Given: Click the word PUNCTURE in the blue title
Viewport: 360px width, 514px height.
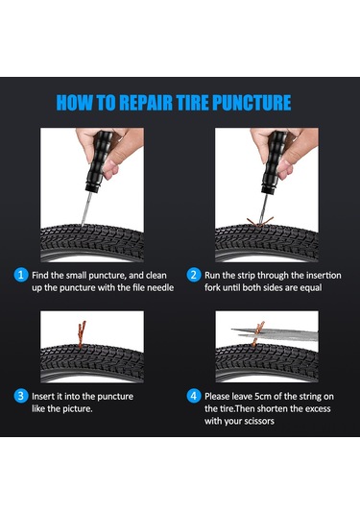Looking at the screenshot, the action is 252,102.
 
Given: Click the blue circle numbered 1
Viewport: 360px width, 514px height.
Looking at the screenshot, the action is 20,275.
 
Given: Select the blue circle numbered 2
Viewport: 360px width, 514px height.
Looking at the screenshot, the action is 193,275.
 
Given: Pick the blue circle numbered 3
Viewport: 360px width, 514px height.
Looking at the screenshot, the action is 20,396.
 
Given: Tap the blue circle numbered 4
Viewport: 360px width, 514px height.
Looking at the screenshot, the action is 193,396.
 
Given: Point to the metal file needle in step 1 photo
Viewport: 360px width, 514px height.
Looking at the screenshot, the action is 85,208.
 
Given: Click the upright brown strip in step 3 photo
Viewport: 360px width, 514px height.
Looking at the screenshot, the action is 82,333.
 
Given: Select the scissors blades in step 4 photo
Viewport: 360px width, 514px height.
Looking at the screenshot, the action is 276,334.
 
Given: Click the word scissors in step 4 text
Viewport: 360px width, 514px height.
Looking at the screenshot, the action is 257,421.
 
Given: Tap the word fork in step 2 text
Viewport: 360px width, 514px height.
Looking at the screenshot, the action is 212,287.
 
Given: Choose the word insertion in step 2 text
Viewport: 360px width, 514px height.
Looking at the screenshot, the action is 324,276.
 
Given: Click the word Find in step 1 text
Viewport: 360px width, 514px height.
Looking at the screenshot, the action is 39,276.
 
